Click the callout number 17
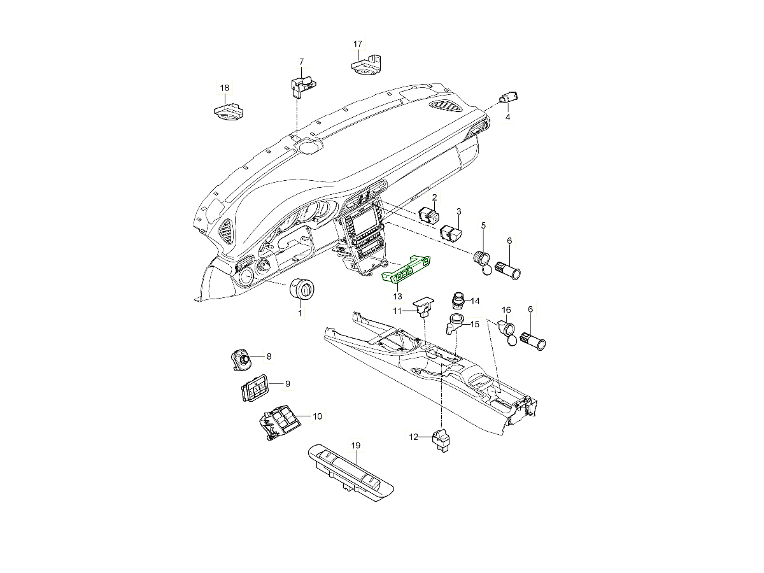click(358, 44)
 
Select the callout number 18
click(224, 88)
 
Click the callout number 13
click(397, 297)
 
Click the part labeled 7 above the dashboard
click(302, 85)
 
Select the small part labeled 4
click(509, 97)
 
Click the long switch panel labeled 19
click(350, 471)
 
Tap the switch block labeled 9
click(254, 390)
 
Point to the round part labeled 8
click(242, 360)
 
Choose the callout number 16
click(506, 310)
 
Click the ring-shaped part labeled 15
click(455, 323)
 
